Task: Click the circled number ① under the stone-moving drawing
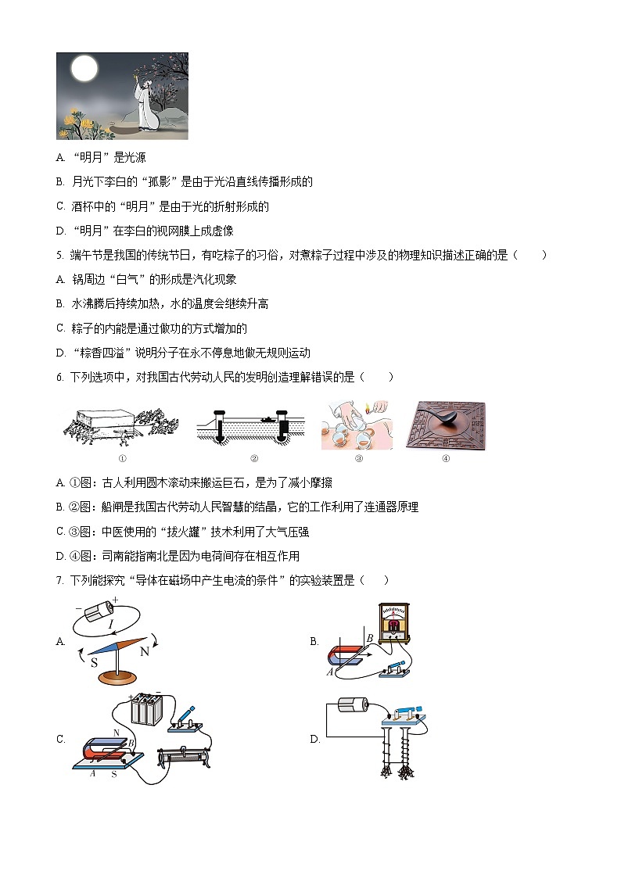coord(122,459)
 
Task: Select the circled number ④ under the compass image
coord(445,459)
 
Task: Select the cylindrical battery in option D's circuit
coord(354,706)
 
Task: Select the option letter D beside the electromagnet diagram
coord(314,739)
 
